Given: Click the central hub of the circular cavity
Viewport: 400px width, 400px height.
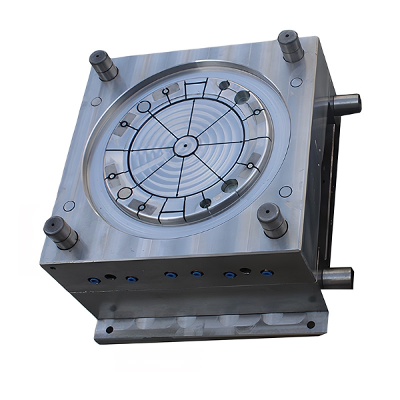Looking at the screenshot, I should tap(185, 143).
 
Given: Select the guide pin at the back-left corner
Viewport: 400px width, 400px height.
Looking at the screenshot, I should tap(103, 65).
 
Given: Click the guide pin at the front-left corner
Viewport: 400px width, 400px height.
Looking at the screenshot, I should tap(60, 231).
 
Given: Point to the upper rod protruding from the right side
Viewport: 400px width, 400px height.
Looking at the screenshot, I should tap(345, 105).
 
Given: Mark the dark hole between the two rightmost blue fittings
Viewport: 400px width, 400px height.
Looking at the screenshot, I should tap(246, 271).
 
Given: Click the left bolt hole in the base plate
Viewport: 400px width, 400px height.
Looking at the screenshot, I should tap(109, 329).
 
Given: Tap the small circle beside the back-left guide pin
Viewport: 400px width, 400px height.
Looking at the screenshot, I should tap(97, 101).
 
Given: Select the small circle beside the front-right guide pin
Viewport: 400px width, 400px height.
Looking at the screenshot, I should tap(285, 191).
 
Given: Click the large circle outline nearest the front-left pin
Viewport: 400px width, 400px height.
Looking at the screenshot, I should tap(125, 193).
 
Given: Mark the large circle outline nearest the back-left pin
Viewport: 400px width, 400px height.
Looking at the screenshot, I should tap(143, 107).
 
